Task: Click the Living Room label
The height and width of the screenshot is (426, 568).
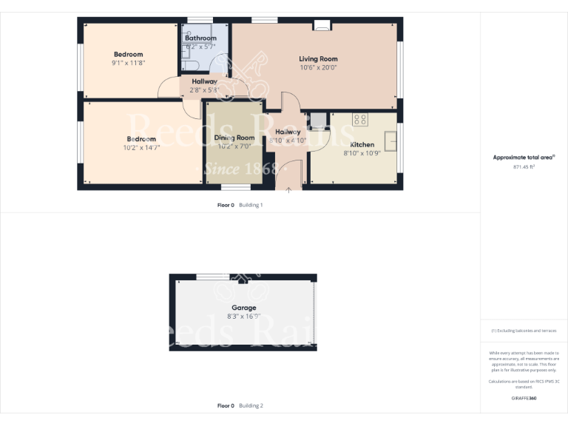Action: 318,58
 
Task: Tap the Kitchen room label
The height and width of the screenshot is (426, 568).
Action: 362,144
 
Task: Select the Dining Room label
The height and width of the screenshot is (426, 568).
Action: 234,138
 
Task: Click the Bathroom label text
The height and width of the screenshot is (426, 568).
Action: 200,38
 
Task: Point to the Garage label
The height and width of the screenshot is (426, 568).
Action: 244,308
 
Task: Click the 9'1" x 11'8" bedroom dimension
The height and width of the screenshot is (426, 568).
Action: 128,63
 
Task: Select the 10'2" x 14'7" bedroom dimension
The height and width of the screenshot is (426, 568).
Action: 141,148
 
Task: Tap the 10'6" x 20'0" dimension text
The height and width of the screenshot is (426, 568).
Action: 318,67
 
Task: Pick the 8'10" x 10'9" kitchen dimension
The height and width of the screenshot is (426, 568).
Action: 362,153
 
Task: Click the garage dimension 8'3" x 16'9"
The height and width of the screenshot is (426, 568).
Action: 244,317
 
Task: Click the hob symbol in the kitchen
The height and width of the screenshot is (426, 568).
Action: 360,118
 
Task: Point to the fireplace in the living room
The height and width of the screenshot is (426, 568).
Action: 322,26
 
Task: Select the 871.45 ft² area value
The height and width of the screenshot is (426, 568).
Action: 524,167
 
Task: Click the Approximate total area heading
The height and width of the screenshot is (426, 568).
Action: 524,158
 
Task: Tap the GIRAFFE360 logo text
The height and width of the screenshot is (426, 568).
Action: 524,399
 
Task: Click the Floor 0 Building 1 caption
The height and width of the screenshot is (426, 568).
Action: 240,205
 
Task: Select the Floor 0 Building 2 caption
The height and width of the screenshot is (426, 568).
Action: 240,406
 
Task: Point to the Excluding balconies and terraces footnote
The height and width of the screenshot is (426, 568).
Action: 524,331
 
